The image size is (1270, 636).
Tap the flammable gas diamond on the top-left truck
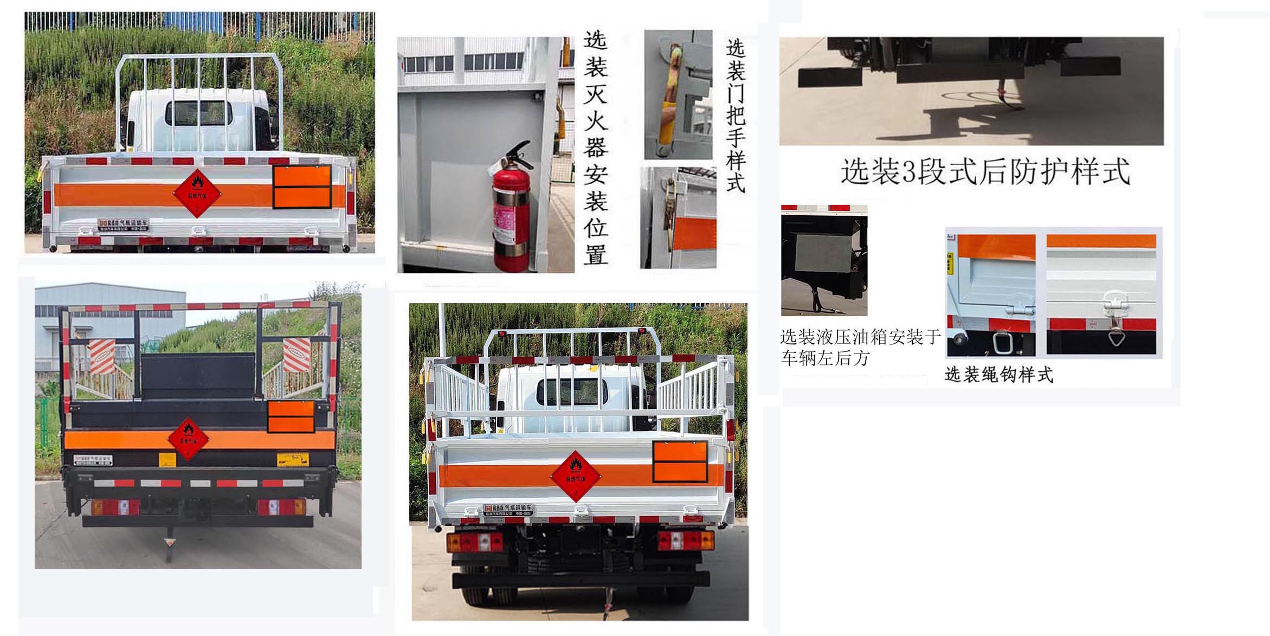tap(197, 193)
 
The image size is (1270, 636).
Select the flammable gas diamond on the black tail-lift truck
tap(188, 439)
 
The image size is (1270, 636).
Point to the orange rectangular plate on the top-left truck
tap(302, 187)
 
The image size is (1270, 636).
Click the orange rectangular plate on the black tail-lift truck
tap(291, 416)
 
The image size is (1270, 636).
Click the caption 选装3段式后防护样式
tap(984, 171)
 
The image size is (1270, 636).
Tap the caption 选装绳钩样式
tap(998, 375)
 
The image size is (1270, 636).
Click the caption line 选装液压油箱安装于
tap(860, 337)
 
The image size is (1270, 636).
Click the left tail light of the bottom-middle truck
tap(475, 541)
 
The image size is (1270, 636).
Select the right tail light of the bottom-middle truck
tap(686, 540)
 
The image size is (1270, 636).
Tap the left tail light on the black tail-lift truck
tap(115, 508)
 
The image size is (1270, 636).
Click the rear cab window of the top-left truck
tap(198, 113)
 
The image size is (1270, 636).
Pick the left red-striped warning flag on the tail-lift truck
tap(102, 356)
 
